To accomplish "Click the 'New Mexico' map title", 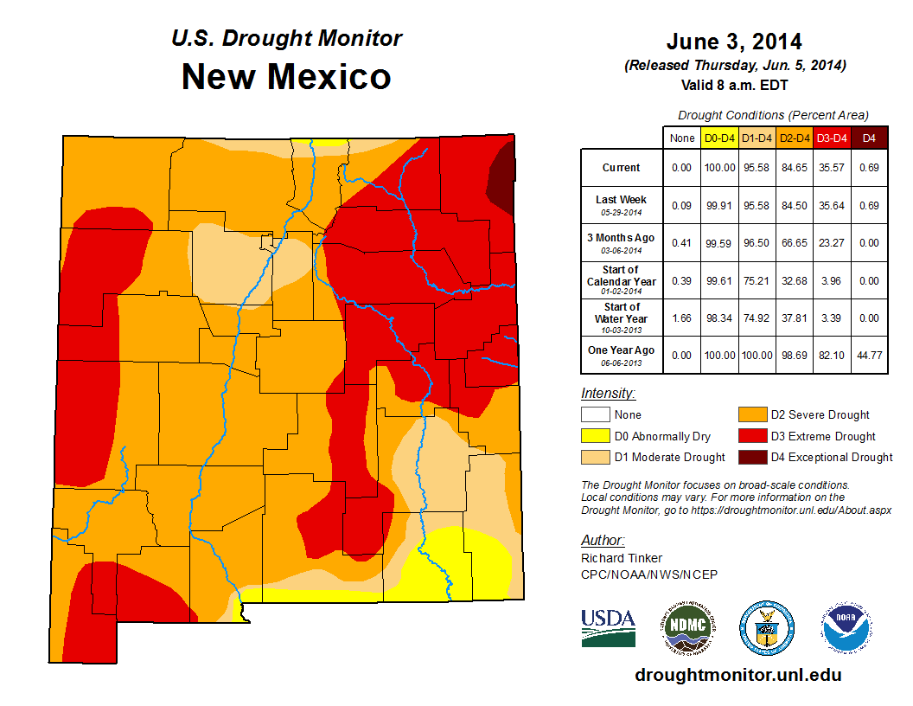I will [x=286, y=76].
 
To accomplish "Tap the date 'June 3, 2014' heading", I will [x=734, y=42].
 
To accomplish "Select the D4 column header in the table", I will [x=869, y=138].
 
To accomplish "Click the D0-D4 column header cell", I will [x=719, y=138].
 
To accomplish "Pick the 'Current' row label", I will [x=622, y=168].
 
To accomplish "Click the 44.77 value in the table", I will [x=869, y=355].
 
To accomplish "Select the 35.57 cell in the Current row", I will [x=831, y=168].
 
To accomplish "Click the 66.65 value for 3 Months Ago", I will [x=794, y=243].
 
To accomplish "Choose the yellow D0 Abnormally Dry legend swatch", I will [x=594, y=436].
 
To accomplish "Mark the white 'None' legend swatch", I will [x=594, y=415].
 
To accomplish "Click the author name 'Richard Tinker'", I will [x=622, y=558].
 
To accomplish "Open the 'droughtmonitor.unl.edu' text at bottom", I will [x=737, y=675].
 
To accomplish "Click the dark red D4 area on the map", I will [x=501, y=173].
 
